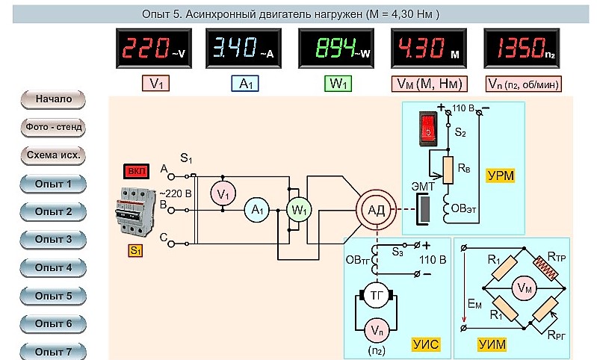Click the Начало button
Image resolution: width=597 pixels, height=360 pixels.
tap(53, 99)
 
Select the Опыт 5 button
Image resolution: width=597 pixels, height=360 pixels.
tap(53, 296)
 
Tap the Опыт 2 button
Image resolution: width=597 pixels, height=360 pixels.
tap(53, 212)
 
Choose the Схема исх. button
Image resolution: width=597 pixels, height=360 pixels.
tap(53, 155)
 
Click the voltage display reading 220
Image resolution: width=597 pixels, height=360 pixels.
tap(154, 49)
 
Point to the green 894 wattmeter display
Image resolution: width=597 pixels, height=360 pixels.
tap(336, 49)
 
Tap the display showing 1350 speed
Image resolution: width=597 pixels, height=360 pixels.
tap(522, 49)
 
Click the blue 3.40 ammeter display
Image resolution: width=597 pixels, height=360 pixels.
tap(244, 49)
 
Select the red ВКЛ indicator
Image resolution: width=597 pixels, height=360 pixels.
tap(136, 171)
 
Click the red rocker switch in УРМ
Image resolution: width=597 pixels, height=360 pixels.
tap(428, 128)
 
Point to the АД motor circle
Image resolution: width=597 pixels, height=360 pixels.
tap(376, 210)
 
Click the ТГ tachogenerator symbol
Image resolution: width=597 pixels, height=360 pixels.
tap(376, 295)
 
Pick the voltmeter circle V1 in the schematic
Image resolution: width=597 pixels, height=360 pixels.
tap(223, 194)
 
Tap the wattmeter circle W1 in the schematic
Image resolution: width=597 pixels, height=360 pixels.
tap(299, 210)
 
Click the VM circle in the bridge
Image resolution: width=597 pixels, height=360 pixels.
tap(524, 288)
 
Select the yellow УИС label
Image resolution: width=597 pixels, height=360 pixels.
tap(426, 344)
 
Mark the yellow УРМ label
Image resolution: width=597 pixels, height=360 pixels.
tap(501, 176)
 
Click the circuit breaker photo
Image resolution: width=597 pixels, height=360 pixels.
tap(135, 211)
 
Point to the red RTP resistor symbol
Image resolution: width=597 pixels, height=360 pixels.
tap(545, 268)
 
